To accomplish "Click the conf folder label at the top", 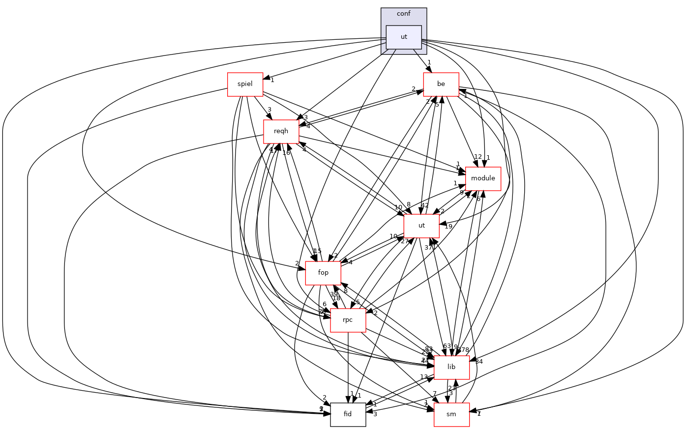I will coord(403,13).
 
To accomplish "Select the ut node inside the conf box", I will coord(404,37).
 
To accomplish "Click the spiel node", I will coord(245,84).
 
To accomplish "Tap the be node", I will coord(441,84).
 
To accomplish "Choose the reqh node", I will coord(281,131).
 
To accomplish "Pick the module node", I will coord(483,178).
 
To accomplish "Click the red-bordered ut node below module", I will coord(421,226).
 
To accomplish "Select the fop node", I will coord(323,273).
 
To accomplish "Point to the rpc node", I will coord(348,320).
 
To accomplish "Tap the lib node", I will coord(451,367).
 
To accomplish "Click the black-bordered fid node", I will coord(348,414).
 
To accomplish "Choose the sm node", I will coord(451,414).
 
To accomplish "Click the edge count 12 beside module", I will coord(477,157).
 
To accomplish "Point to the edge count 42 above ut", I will coord(425,206).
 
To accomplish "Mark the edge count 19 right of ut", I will coord(448,227).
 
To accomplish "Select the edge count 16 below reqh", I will coord(286,153).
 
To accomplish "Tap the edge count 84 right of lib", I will coord(478,362).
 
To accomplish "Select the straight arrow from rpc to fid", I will coord(348,369).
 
